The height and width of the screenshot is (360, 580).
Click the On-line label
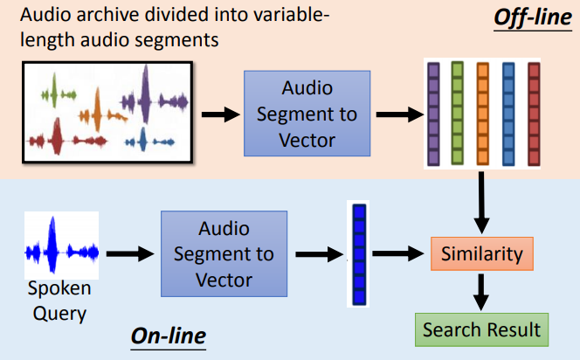coord(169,335)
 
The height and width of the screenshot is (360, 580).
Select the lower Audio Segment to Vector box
coord(224,254)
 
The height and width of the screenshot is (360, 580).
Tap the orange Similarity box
coord(481,254)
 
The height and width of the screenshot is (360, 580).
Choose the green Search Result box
coord(481,329)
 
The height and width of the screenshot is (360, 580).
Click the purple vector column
coord(433,114)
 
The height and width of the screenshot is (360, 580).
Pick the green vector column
coord(457,114)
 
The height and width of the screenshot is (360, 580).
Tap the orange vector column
coord(482,114)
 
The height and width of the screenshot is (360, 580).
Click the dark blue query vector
coord(357,254)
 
